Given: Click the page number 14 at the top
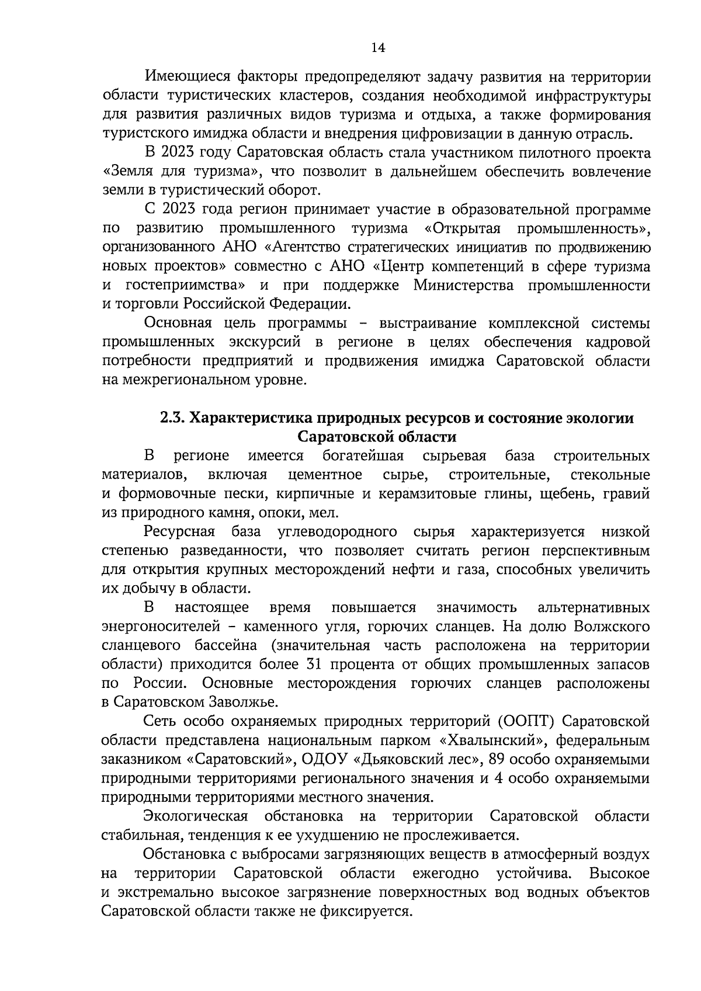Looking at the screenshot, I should [377, 48].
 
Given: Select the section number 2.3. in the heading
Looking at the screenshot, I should [173, 418].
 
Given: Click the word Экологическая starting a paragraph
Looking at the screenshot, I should [196, 816].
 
